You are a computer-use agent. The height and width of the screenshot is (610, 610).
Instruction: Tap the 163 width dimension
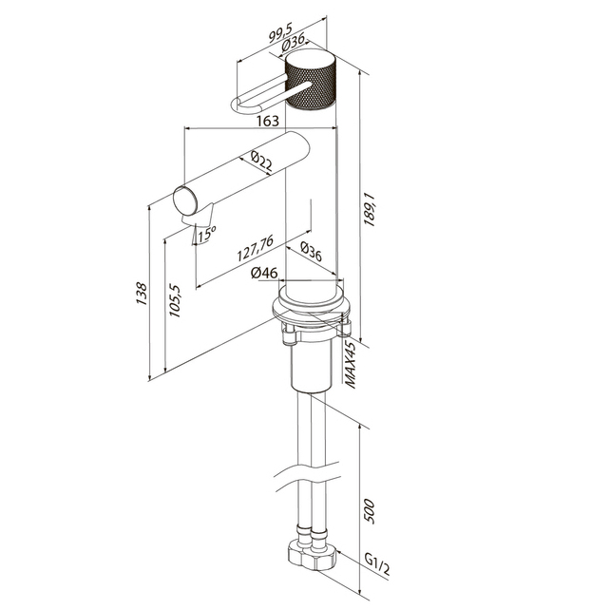click(268, 121)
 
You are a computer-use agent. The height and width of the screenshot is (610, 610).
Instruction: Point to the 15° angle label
click(207, 234)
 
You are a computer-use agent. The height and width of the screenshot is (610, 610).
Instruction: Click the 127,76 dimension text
click(256, 248)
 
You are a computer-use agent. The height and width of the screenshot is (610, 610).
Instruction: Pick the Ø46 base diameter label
click(264, 273)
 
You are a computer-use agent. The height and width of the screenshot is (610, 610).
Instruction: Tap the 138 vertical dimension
click(142, 295)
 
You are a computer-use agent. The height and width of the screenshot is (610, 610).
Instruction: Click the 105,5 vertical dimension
click(176, 300)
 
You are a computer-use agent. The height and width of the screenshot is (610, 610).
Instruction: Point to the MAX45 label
click(351, 365)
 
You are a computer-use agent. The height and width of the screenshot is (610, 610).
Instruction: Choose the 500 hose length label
click(369, 511)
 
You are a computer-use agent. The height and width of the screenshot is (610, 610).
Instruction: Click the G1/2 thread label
click(377, 564)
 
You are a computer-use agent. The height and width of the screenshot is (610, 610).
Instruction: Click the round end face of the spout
click(186, 201)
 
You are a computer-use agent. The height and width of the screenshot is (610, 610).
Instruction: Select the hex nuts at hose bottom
click(312, 555)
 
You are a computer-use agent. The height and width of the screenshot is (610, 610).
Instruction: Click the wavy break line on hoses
click(307, 474)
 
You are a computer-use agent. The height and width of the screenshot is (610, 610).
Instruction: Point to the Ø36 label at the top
click(293, 43)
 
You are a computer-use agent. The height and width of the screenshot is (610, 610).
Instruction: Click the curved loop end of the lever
click(238, 106)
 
